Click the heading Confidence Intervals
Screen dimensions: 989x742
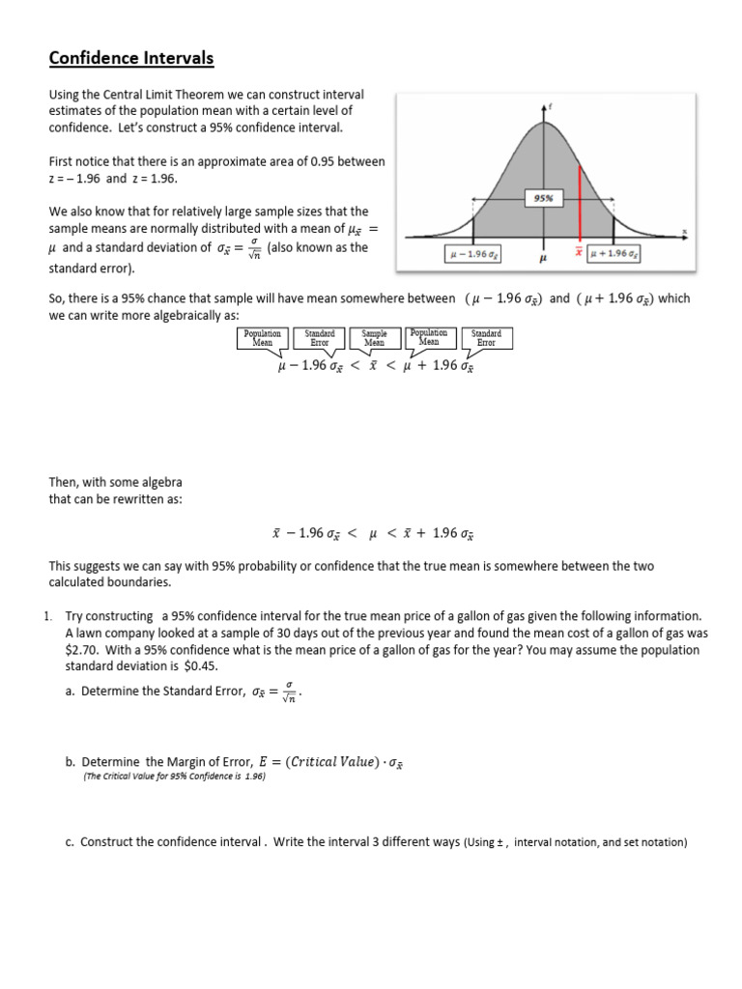click(x=131, y=60)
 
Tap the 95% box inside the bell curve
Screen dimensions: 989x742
click(x=544, y=198)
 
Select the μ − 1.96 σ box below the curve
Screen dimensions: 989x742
click(x=472, y=254)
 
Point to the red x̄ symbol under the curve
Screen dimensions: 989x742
click(x=579, y=254)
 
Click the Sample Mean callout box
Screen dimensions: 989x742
click(x=374, y=337)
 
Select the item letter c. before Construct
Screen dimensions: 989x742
click(x=71, y=841)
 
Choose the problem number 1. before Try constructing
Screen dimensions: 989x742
click(x=54, y=616)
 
